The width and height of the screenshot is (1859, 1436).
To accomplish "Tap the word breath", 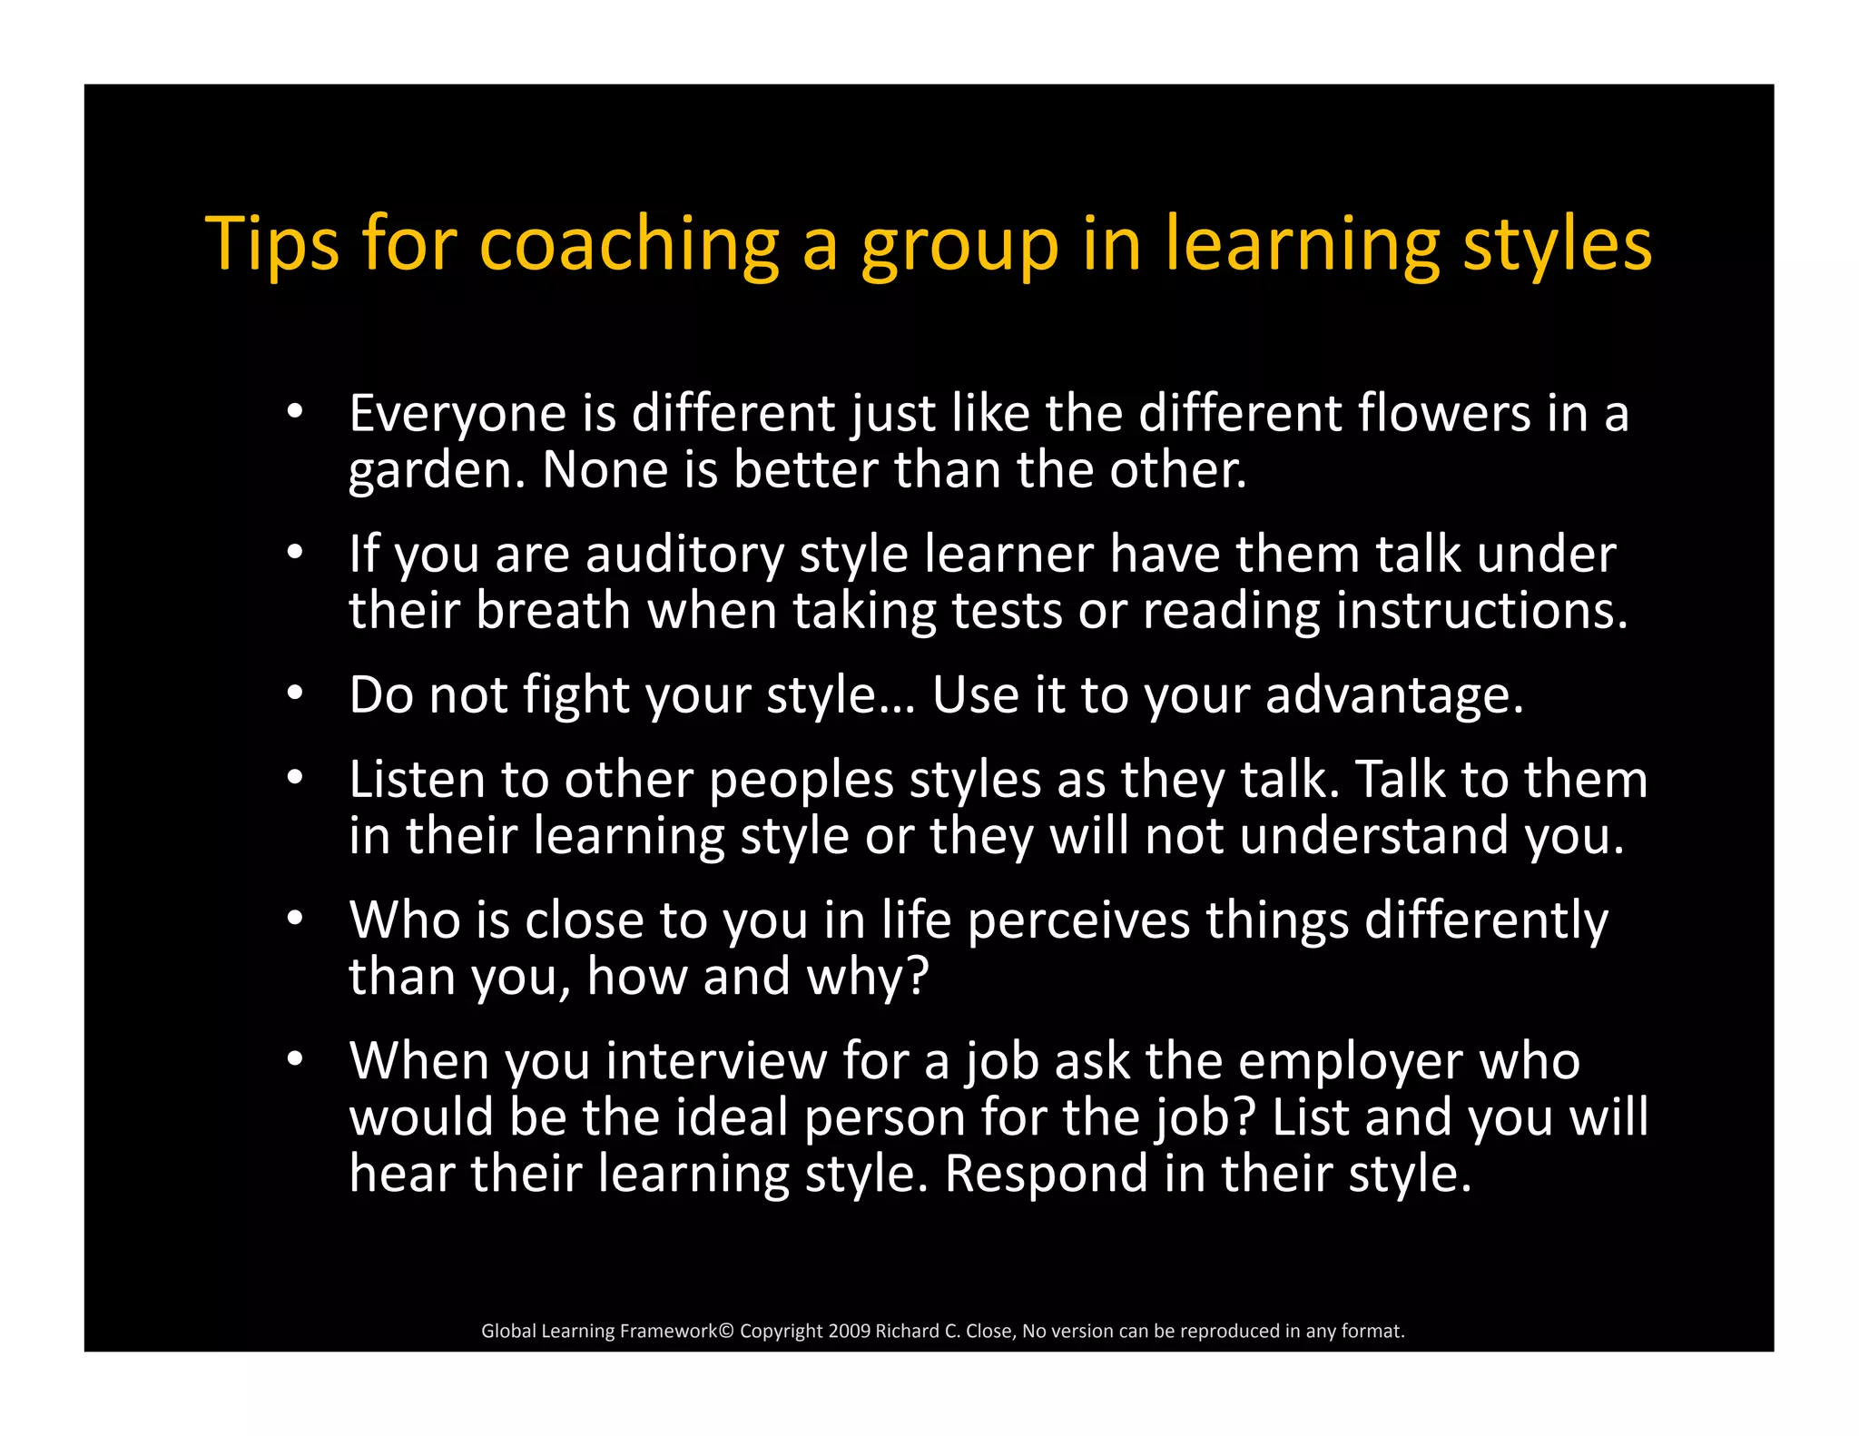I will [x=553, y=610].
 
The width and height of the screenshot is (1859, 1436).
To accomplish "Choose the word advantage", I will [x=1394, y=695].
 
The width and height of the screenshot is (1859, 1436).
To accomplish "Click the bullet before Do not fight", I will [x=294, y=693].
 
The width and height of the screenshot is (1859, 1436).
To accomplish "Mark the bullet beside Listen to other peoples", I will [x=294, y=778].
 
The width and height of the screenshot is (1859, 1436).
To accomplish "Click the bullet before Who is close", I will [x=294, y=919].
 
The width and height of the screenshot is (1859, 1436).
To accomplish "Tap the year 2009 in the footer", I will [x=850, y=1331].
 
